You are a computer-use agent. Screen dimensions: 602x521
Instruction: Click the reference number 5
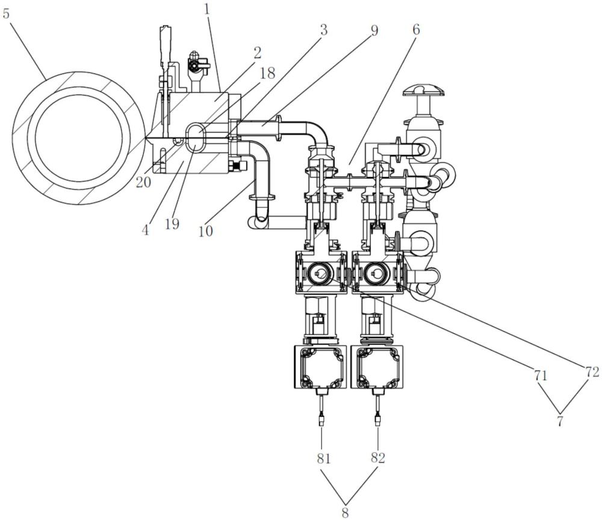(6, 14)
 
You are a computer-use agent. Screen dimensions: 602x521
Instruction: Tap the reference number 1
(208, 9)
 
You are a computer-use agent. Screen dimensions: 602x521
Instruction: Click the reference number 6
(416, 29)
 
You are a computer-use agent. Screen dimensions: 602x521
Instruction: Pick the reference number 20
(144, 182)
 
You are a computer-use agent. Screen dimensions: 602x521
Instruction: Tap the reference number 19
(172, 223)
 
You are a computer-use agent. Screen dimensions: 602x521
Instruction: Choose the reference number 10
(206, 230)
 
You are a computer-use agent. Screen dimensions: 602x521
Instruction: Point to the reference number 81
(323, 458)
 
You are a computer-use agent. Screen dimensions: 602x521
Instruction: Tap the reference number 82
(378, 457)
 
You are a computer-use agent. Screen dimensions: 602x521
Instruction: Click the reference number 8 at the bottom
(345, 512)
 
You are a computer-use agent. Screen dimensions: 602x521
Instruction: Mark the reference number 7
(560, 421)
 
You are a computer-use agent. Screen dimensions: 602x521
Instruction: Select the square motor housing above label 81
(320, 367)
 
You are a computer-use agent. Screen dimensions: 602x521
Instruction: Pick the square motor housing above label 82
(378, 367)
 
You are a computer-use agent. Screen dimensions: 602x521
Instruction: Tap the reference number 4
(145, 230)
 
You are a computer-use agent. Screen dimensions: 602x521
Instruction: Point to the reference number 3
(324, 30)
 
